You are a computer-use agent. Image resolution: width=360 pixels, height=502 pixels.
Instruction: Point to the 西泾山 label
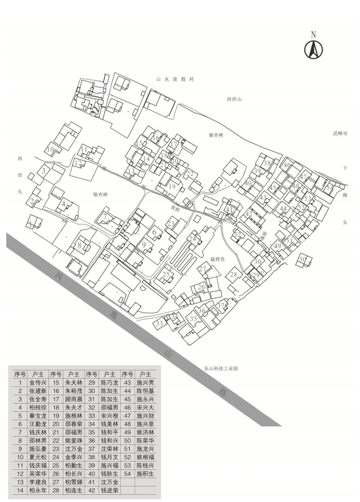pyautogui.click(x=234, y=99)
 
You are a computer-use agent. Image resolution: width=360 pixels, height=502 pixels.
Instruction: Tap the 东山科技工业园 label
pyautogui.click(x=221, y=369)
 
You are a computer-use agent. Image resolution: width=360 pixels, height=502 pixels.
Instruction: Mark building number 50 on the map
pyautogui.click(x=302, y=260)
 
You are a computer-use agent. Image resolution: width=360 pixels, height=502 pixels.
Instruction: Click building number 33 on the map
pyautogui.click(x=159, y=324)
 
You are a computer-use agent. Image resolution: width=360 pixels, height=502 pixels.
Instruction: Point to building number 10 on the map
pyautogui.click(x=50, y=149)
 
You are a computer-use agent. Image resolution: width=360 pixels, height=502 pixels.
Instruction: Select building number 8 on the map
pyautogui.click(x=79, y=245)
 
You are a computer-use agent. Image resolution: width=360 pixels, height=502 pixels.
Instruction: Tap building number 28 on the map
pyautogui.click(x=234, y=275)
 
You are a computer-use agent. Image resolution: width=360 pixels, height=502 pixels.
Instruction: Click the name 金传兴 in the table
pyautogui.click(x=38, y=383)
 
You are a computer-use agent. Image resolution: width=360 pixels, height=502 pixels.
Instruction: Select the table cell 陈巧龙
pyautogui.click(x=110, y=383)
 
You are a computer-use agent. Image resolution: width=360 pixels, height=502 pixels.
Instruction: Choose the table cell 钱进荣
pyautogui.click(x=110, y=490)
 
